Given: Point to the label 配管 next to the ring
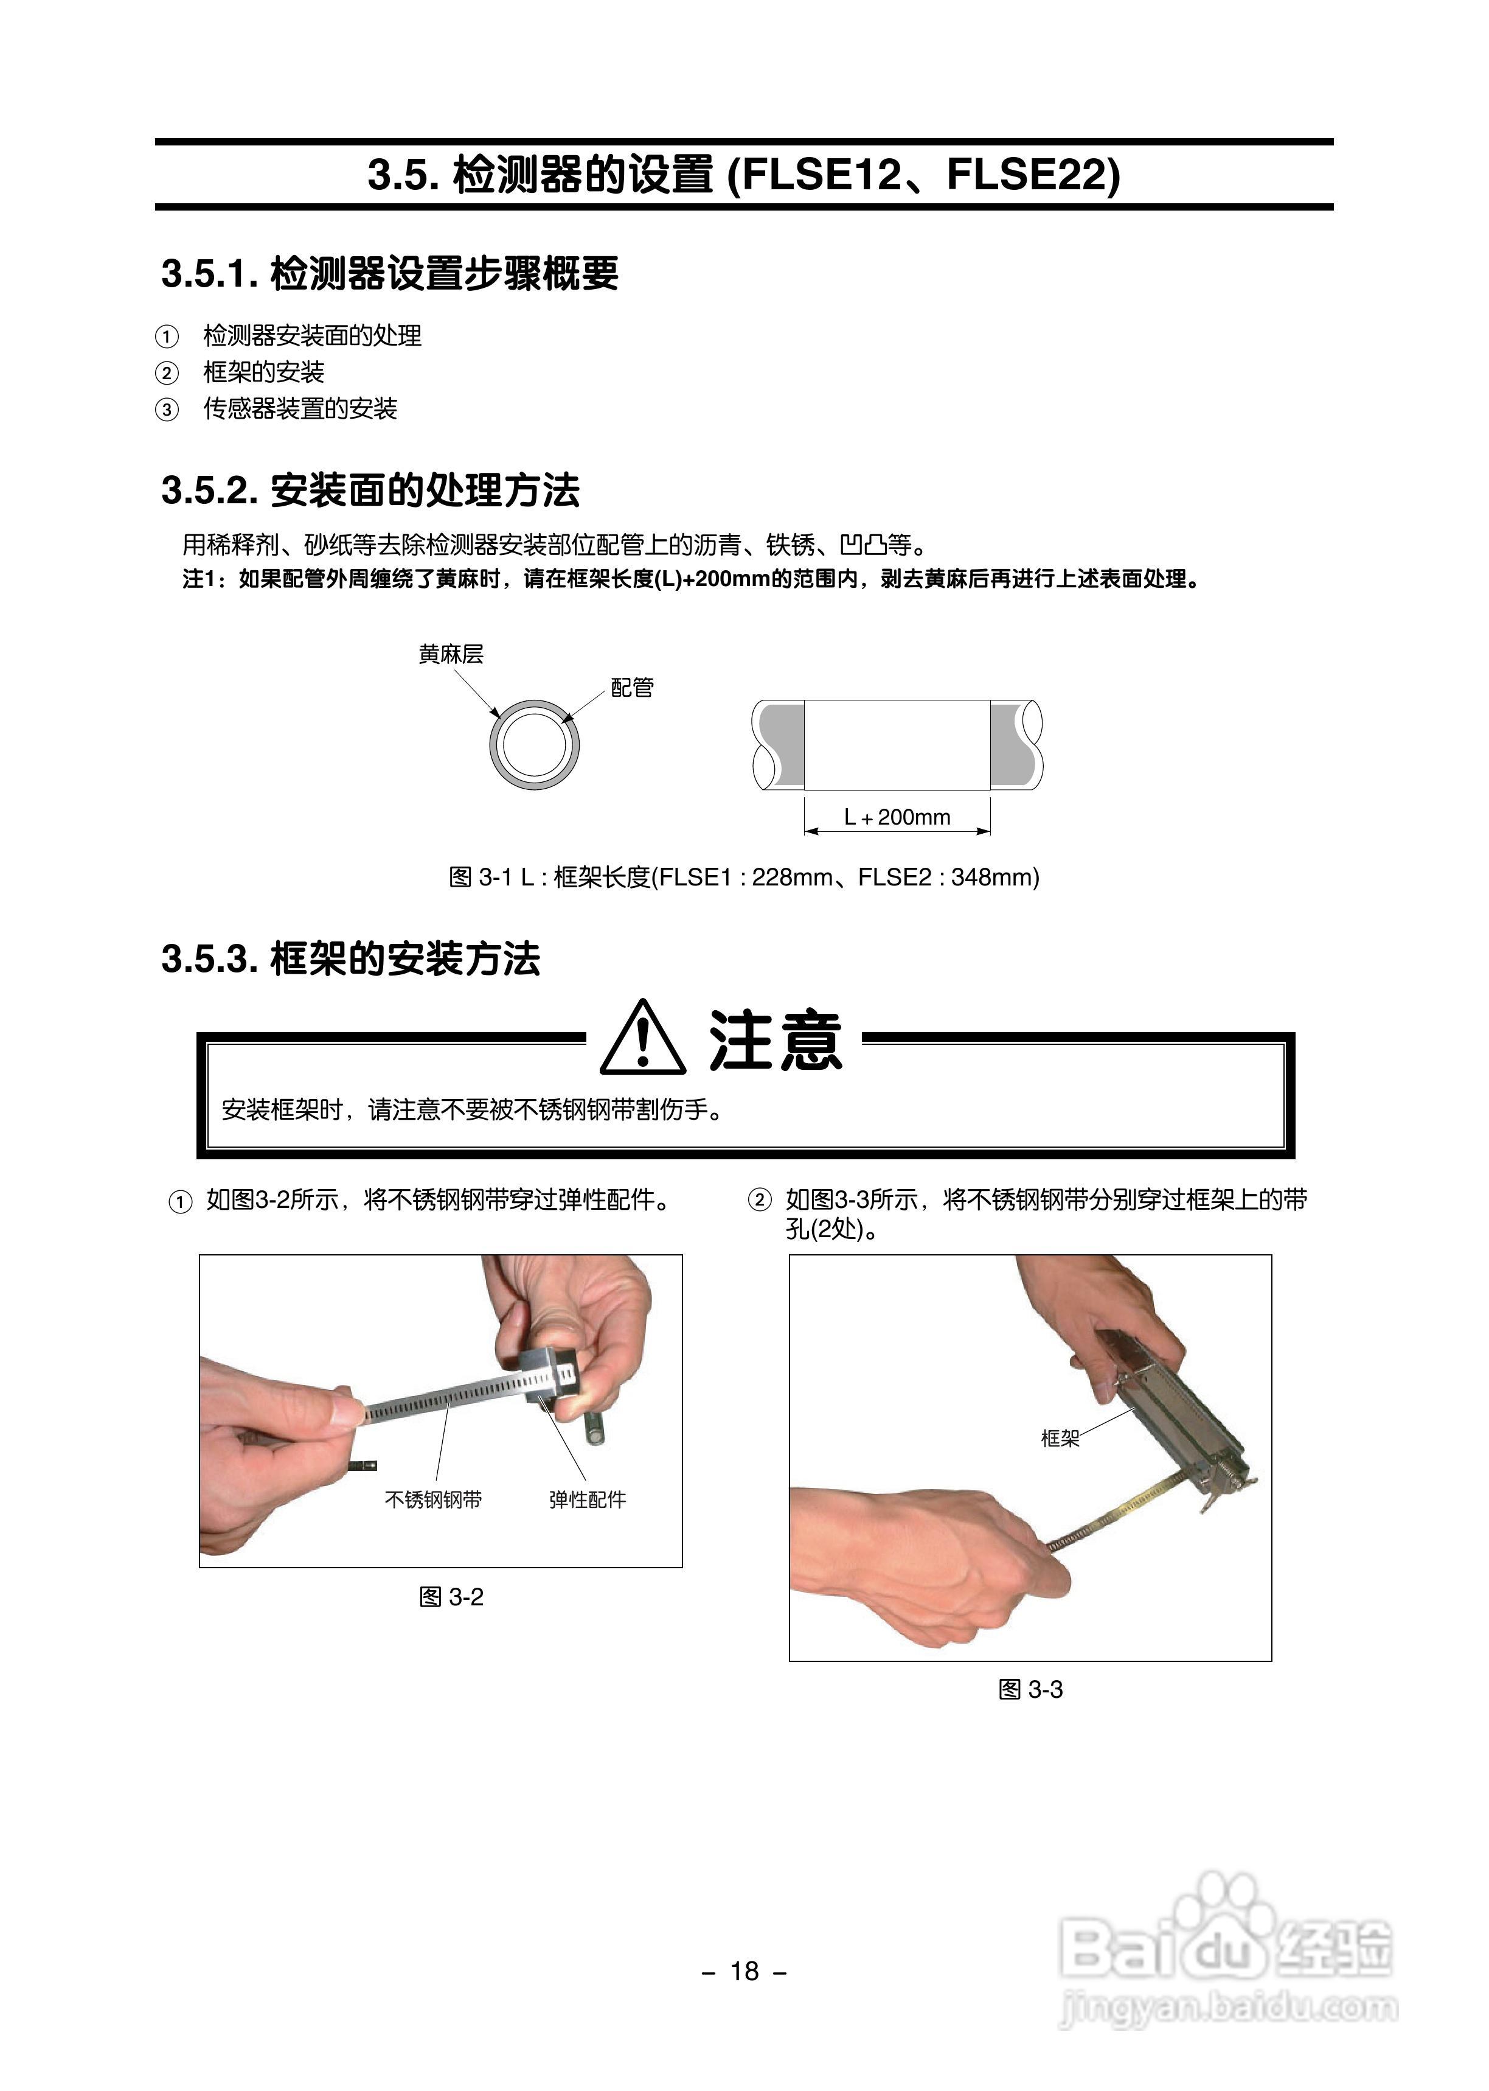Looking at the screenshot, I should [x=633, y=688].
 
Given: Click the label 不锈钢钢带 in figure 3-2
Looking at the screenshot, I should [x=432, y=1499].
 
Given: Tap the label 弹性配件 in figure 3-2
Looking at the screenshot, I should [x=587, y=1499].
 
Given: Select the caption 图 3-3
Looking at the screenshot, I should [x=1030, y=1689].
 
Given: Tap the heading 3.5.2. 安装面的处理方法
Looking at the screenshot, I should [x=370, y=490].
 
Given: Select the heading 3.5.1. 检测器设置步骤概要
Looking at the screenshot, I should [x=390, y=273].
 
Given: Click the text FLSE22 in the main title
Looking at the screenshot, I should [x=1025, y=174].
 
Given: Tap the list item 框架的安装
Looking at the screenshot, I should [x=264, y=372].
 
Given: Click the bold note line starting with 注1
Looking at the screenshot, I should [x=692, y=579].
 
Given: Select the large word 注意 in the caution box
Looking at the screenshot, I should [x=775, y=1041].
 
